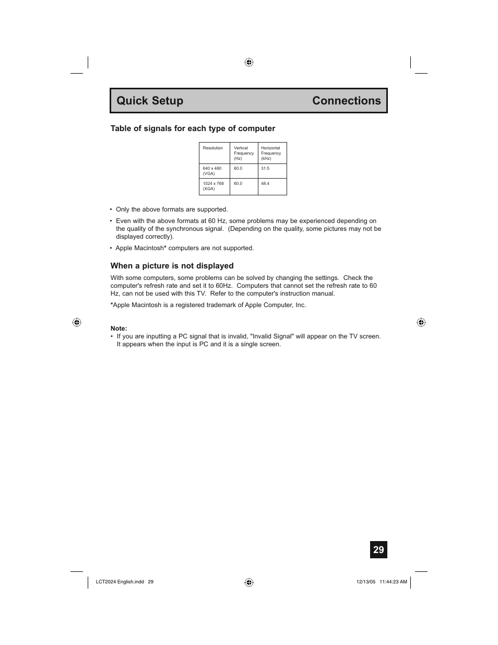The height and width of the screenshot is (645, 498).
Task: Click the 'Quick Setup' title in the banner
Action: coord(150,101)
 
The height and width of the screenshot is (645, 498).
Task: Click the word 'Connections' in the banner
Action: coord(347,101)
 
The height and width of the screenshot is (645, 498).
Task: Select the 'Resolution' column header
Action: coord(213,148)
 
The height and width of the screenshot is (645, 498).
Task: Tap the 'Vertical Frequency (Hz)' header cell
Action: coord(244,153)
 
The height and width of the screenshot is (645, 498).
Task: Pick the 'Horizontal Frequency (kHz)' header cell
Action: coord(271,153)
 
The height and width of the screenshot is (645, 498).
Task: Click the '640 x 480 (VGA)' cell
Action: coord(212,171)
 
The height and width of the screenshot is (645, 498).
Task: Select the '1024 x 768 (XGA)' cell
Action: coord(213,186)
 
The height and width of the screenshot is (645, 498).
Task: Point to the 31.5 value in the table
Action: coord(265,169)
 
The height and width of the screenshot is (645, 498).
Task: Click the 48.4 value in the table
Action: coord(265,184)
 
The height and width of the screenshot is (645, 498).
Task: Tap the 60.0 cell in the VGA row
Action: coord(238,169)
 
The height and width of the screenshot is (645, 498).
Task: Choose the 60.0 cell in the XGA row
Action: coord(238,184)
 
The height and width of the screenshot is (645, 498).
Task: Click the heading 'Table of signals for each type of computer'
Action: coord(193,128)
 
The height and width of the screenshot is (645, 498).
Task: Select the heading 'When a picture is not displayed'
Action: coord(172,266)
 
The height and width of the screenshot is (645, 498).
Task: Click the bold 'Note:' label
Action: coord(118,329)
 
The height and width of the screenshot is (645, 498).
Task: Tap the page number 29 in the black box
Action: coord(378,550)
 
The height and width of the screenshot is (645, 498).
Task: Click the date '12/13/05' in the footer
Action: coord(365,582)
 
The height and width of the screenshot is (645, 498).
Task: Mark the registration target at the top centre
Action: coord(249,62)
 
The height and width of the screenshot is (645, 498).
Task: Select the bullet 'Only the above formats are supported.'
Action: coord(172,209)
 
